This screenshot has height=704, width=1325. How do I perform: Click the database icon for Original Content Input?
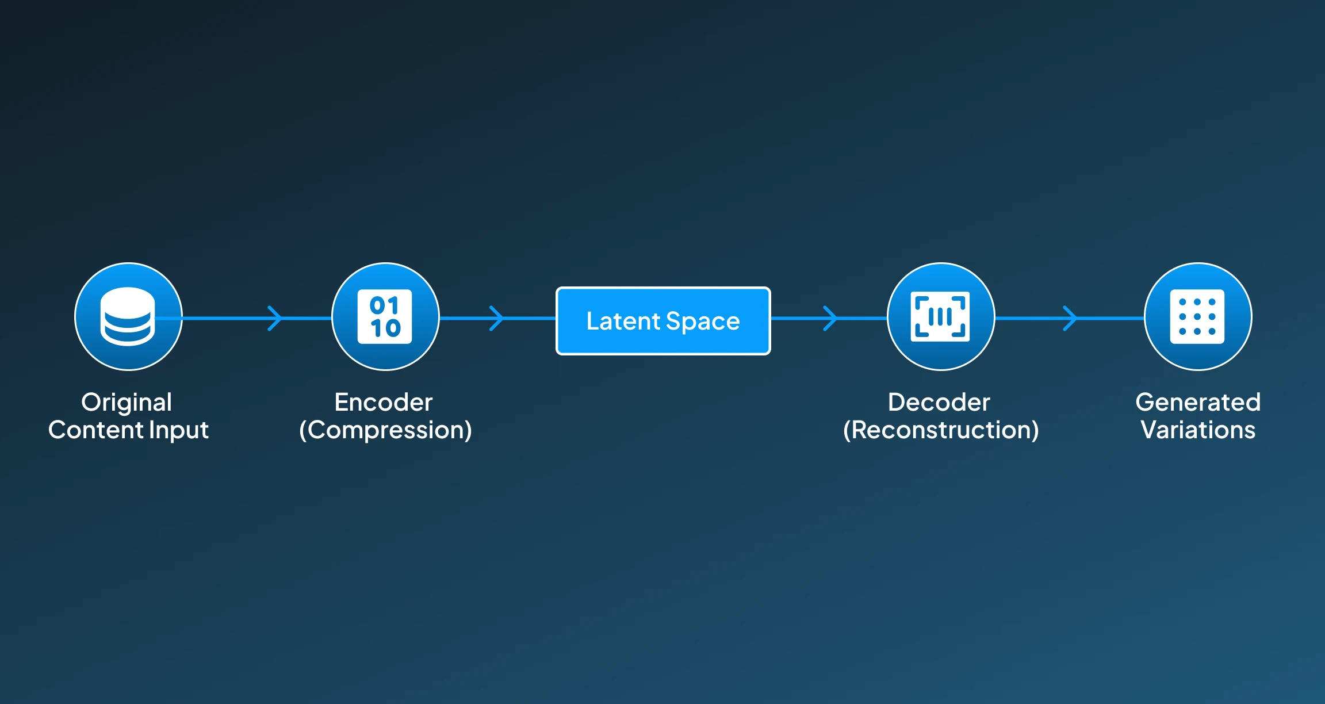coord(128,316)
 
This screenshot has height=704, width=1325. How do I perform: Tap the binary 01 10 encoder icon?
coord(385,316)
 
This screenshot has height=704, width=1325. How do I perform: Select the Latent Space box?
coord(663,320)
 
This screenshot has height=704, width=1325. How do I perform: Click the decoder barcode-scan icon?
coord(940,316)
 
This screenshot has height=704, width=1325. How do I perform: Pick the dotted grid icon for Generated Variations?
coord(1197,316)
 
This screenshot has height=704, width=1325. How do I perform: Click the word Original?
coord(127,403)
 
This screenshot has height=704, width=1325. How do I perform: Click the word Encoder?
coord(384,403)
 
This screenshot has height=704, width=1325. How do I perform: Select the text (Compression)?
coord(385,430)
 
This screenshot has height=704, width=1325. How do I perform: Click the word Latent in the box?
coord(623,321)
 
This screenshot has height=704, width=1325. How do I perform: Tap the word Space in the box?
coord(703,322)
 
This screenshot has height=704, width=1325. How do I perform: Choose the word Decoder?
coord(939,403)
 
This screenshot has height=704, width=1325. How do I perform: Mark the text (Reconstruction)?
coord(941,430)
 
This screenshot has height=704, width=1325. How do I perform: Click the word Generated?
coord(1198,403)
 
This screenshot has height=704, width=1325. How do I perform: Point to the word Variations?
coord(1198,430)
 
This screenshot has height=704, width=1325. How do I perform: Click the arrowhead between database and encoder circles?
coord(275,318)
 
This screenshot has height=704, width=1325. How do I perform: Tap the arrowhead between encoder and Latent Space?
coord(496,318)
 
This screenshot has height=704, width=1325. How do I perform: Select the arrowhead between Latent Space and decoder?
coord(830,318)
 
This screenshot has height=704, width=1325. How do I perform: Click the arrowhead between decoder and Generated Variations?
coord(1070,318)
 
